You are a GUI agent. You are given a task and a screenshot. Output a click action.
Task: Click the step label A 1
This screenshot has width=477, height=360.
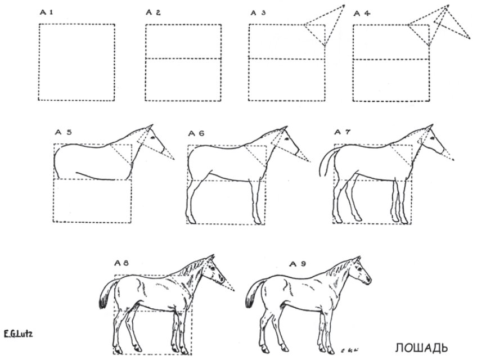[x=47, y=12]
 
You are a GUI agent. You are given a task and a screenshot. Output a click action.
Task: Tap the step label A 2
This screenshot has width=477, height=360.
[x=154, y=12]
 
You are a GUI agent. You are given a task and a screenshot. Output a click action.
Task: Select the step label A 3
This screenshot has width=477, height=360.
[x=258, y=13]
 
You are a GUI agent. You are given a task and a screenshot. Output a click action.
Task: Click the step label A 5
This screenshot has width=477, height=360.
[x=63, y=132]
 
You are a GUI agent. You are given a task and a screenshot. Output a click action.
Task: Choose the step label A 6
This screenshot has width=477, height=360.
[x=196, y=133]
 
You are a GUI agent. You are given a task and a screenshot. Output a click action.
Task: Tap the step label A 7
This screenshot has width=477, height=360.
[x=343, y=132]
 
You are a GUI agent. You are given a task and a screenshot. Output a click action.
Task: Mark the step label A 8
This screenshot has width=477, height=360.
[x=121, y=263]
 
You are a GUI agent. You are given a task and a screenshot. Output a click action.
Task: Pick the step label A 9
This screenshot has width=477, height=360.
[x=298, y=264]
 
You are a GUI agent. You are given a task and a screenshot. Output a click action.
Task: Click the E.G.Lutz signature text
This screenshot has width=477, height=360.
[x=18, y=334]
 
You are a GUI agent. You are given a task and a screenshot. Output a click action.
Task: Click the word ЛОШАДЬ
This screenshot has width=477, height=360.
[x=421, y=348]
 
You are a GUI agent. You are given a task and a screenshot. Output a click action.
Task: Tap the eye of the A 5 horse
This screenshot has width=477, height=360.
[x=153, y=138]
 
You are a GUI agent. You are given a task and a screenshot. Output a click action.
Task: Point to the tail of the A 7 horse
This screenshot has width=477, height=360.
[x=325, y=161]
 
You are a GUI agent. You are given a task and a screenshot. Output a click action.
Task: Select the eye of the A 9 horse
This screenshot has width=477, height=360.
[x=360, y=269]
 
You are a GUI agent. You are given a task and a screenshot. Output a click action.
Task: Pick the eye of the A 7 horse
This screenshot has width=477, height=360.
[x=432, y=138]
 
